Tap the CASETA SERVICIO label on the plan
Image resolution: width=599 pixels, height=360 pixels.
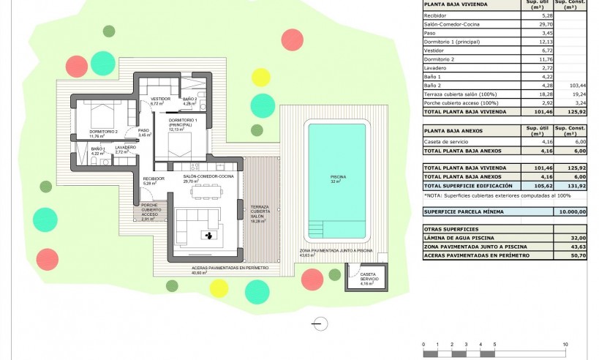pos(367,277)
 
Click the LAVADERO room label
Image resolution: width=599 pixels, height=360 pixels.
pos(125,149)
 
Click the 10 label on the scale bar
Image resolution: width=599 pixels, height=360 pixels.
pos(565,344)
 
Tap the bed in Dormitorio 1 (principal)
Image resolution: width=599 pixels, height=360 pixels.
pos(177,142)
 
